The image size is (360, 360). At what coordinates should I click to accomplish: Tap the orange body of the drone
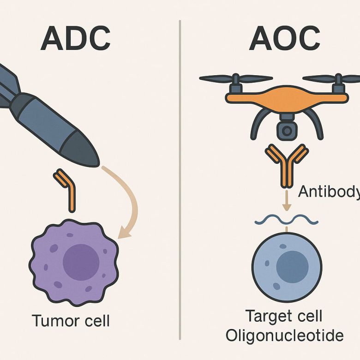tap(286, 97)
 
